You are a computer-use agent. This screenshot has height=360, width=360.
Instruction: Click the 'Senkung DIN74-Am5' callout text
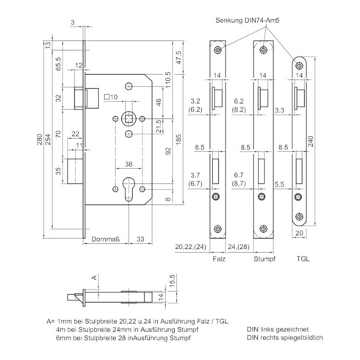point(248,21)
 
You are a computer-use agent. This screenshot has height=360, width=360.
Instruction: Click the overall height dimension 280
point(40,140)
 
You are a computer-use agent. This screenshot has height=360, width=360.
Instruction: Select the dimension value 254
point(48,140)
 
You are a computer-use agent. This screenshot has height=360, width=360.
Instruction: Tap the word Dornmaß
point(106,239)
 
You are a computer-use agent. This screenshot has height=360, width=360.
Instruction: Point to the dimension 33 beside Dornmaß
point(140,239)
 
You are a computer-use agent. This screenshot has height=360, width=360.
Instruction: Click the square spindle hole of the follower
point(129,119)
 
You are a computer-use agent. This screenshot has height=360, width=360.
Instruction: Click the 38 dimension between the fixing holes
point(129,164)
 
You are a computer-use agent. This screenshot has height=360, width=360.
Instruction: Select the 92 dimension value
point(168,151)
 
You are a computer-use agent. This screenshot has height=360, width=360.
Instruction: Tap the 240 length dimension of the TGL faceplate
point(311,141)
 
